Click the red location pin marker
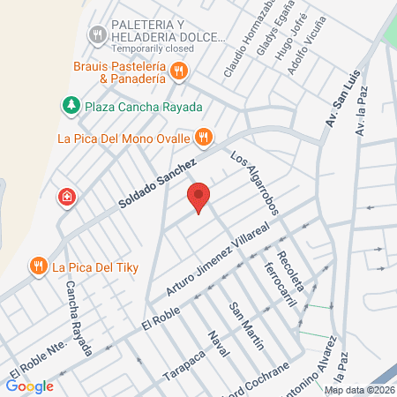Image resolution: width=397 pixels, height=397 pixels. pyautogui.click(x=199, y=198)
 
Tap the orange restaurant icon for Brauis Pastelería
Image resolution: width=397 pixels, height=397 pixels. pyautogui.click(x=179, y=71)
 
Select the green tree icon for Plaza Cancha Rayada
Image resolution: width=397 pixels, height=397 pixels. pyautogui.click(x=70, y=105)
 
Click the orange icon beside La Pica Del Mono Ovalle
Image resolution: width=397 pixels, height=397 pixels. pyautogui.click(x=204, y=137)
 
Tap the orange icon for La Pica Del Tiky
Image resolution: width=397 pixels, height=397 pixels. pyautogui.click(x=38, y=265)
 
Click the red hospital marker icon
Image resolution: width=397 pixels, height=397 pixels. pyautogui.click(x=65, y=197)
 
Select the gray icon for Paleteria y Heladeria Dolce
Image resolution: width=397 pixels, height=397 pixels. pyautogui.click(x=97, y=34)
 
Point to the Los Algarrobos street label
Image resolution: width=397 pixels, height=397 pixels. pyautogui.click(x=255, y=184)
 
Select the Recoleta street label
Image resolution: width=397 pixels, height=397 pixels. pyautogui.click(x=290, y=270)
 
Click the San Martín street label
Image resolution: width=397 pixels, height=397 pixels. pyautogui.click(x=246, y=326)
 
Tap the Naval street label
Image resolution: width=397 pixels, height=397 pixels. pyautogui.click(x=217, y=348)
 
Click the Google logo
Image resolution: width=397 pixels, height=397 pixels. pyautogui.click(x=29, y=386)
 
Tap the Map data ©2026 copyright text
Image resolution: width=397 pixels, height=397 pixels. pyautogui.click(x=358, y=390)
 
